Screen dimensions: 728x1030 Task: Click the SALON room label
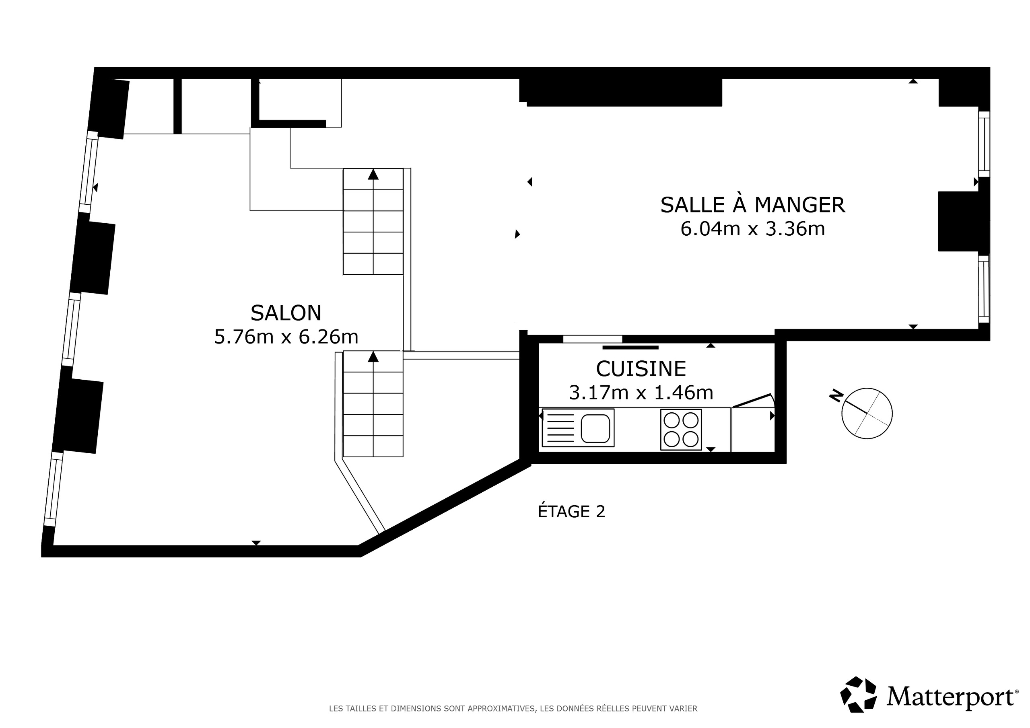(x=286, y=313)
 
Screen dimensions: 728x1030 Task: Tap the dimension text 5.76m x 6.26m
(x=286, y=337)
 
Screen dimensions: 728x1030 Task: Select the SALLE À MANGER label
(x=752, y=205)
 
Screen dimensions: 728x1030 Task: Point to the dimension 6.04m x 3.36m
(x=752, y=229)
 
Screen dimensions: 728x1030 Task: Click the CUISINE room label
(x=641, y=369)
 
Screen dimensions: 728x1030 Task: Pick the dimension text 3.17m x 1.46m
(x=641, y=393)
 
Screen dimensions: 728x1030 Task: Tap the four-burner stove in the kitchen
(x=680, y=429)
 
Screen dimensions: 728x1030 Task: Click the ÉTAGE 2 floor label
(x=571, y=511)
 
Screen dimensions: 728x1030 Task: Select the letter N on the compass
(x=836, y=396)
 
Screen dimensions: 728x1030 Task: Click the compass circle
(x=867, y=413)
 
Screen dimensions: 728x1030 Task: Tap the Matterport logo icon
(x=858, y=694)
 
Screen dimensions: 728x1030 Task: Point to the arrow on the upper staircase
(x=373, y=175)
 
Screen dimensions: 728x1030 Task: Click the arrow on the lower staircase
(x=373, y=357)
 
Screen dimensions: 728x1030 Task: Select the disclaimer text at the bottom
(x=513, y=709)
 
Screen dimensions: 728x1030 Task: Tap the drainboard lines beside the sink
(x=560, y=428)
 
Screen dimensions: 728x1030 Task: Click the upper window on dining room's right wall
(x=983, y=144)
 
